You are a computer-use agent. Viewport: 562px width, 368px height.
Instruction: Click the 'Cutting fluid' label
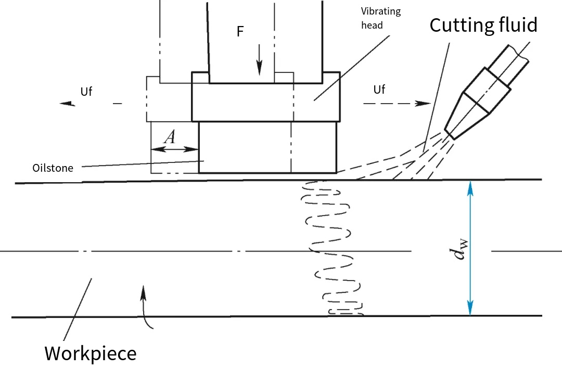click(x=483, y=25)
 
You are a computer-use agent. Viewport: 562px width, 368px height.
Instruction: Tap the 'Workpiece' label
click(x=90, y=353)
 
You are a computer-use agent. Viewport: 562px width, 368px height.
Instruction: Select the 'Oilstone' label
click(x=53, y=168)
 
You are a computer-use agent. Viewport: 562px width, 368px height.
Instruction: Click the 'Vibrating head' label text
click(x=381, y=18)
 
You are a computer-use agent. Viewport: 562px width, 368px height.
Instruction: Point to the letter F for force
click(x=240, y=32)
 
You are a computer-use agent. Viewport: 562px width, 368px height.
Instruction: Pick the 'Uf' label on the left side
click(x=86, y=92)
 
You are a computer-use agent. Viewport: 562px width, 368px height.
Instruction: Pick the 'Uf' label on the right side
click(x=379, y=90)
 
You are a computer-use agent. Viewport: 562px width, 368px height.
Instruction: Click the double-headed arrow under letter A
click(x=174, y=149)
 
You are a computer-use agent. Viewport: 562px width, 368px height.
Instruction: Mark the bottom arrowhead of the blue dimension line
click(x=470, y=309)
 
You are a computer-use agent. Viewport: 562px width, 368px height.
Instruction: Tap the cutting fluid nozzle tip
click(x=450, y=134)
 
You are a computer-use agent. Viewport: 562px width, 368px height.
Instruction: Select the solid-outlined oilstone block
click(x=267, y=147)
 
